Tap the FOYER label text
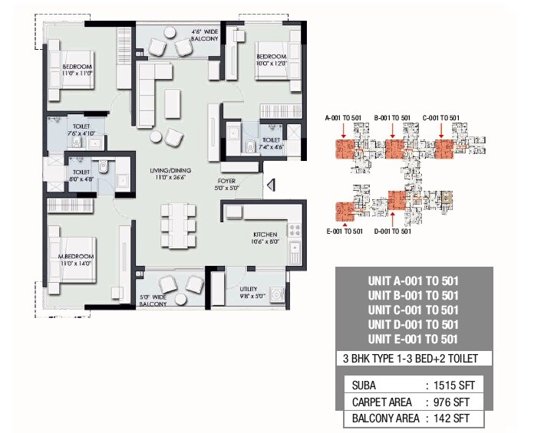click(x=229, y=181)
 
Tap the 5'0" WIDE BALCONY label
click(x=153, y=300)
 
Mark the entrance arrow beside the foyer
click(x=269, y=185)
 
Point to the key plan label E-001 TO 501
click(x=343, y=231)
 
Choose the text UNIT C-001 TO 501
click(x=413, y=310)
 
